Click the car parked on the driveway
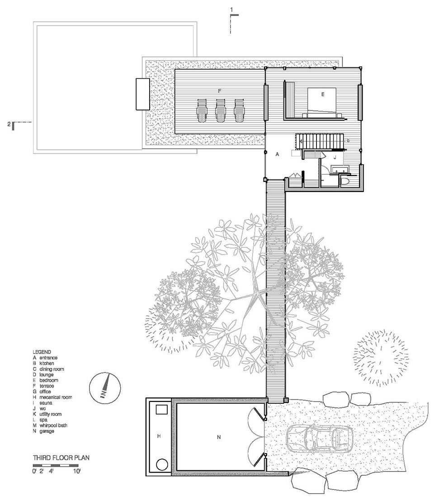(320, 439)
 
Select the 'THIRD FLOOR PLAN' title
(61, 458)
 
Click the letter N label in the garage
(219, 437)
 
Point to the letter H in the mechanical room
(159, 436)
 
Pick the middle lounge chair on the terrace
(220, 110)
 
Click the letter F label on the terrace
(219, 91)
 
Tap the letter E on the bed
(323, 94)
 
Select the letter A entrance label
(277, 154)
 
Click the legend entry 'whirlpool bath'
(53, 425)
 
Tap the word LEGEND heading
(42, 352)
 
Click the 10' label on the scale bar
(77, 471)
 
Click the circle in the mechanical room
(162, 465)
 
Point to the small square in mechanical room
(161, 409)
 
